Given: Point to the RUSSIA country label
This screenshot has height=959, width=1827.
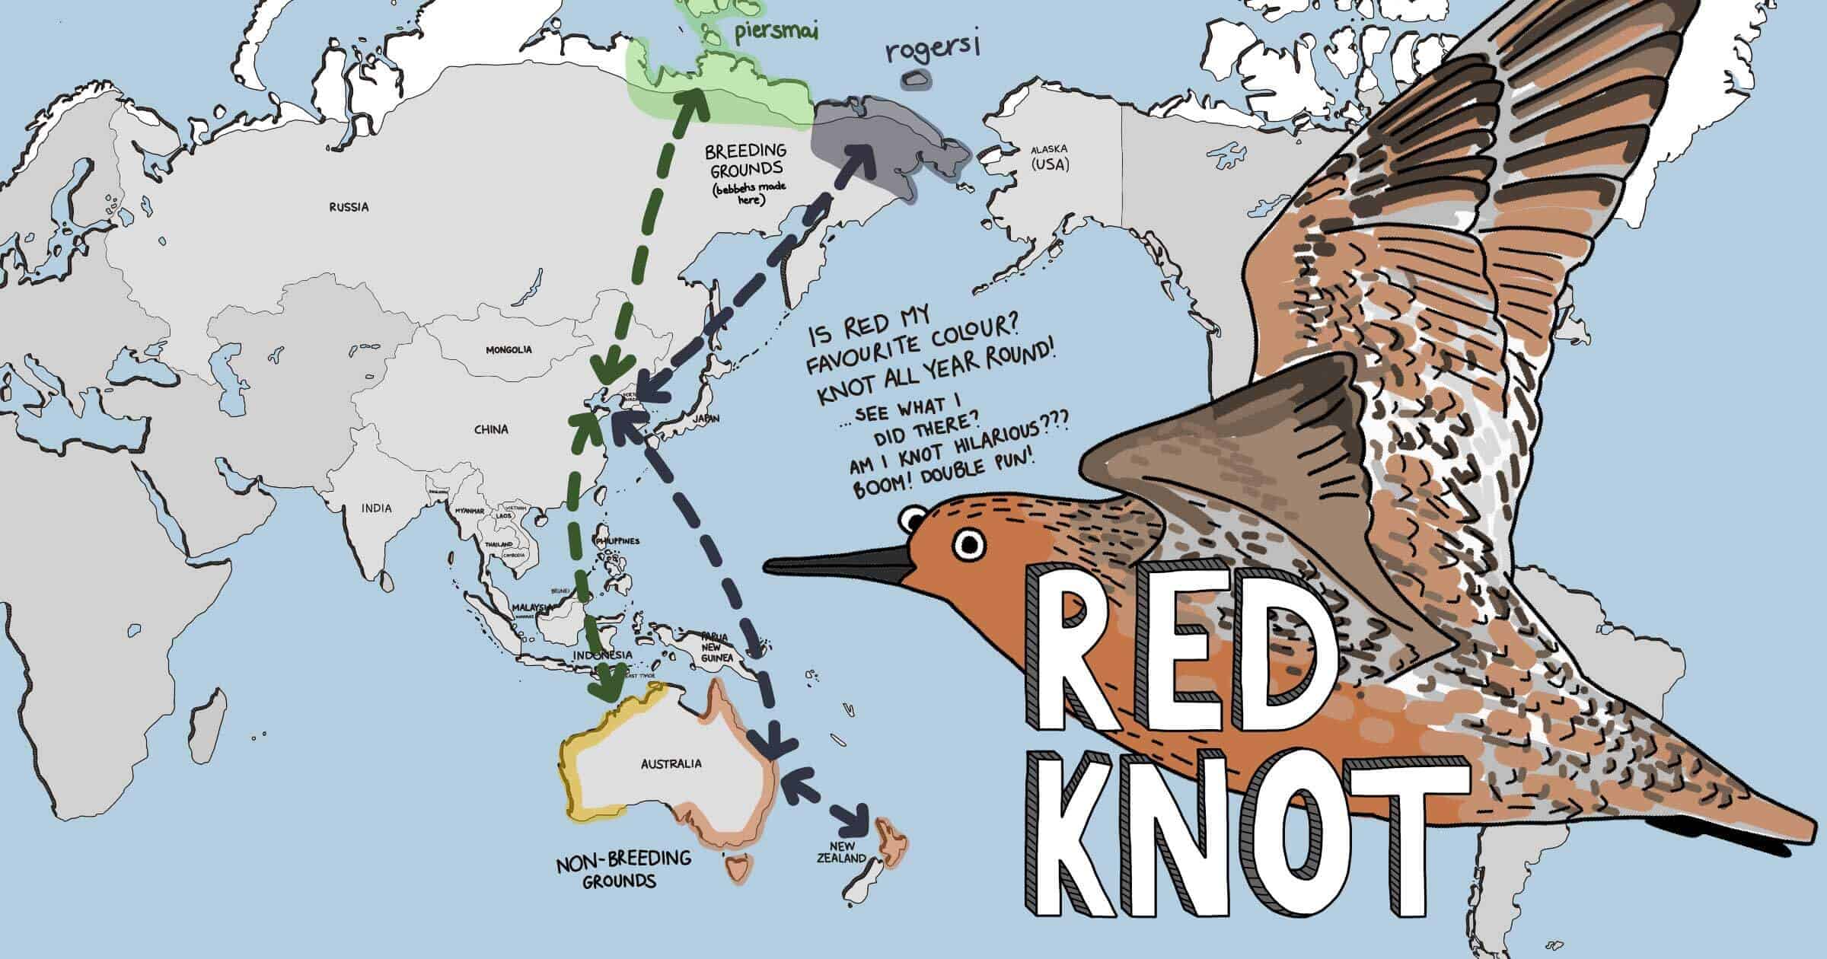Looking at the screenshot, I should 349,206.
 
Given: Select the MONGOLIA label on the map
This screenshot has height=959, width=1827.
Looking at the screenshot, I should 509,350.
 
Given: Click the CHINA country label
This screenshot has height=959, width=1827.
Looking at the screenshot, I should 491,429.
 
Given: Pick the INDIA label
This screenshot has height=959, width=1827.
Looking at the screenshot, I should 377,508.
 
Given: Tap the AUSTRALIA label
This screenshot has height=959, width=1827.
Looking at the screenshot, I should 671,763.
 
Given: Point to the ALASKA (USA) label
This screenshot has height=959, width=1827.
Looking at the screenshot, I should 1050,156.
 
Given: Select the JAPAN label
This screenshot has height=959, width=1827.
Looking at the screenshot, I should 706,419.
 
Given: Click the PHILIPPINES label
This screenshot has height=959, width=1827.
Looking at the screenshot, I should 618,541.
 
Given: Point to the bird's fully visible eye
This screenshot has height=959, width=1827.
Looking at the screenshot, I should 970,543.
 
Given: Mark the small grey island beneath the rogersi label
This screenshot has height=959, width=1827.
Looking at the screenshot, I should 914,79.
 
